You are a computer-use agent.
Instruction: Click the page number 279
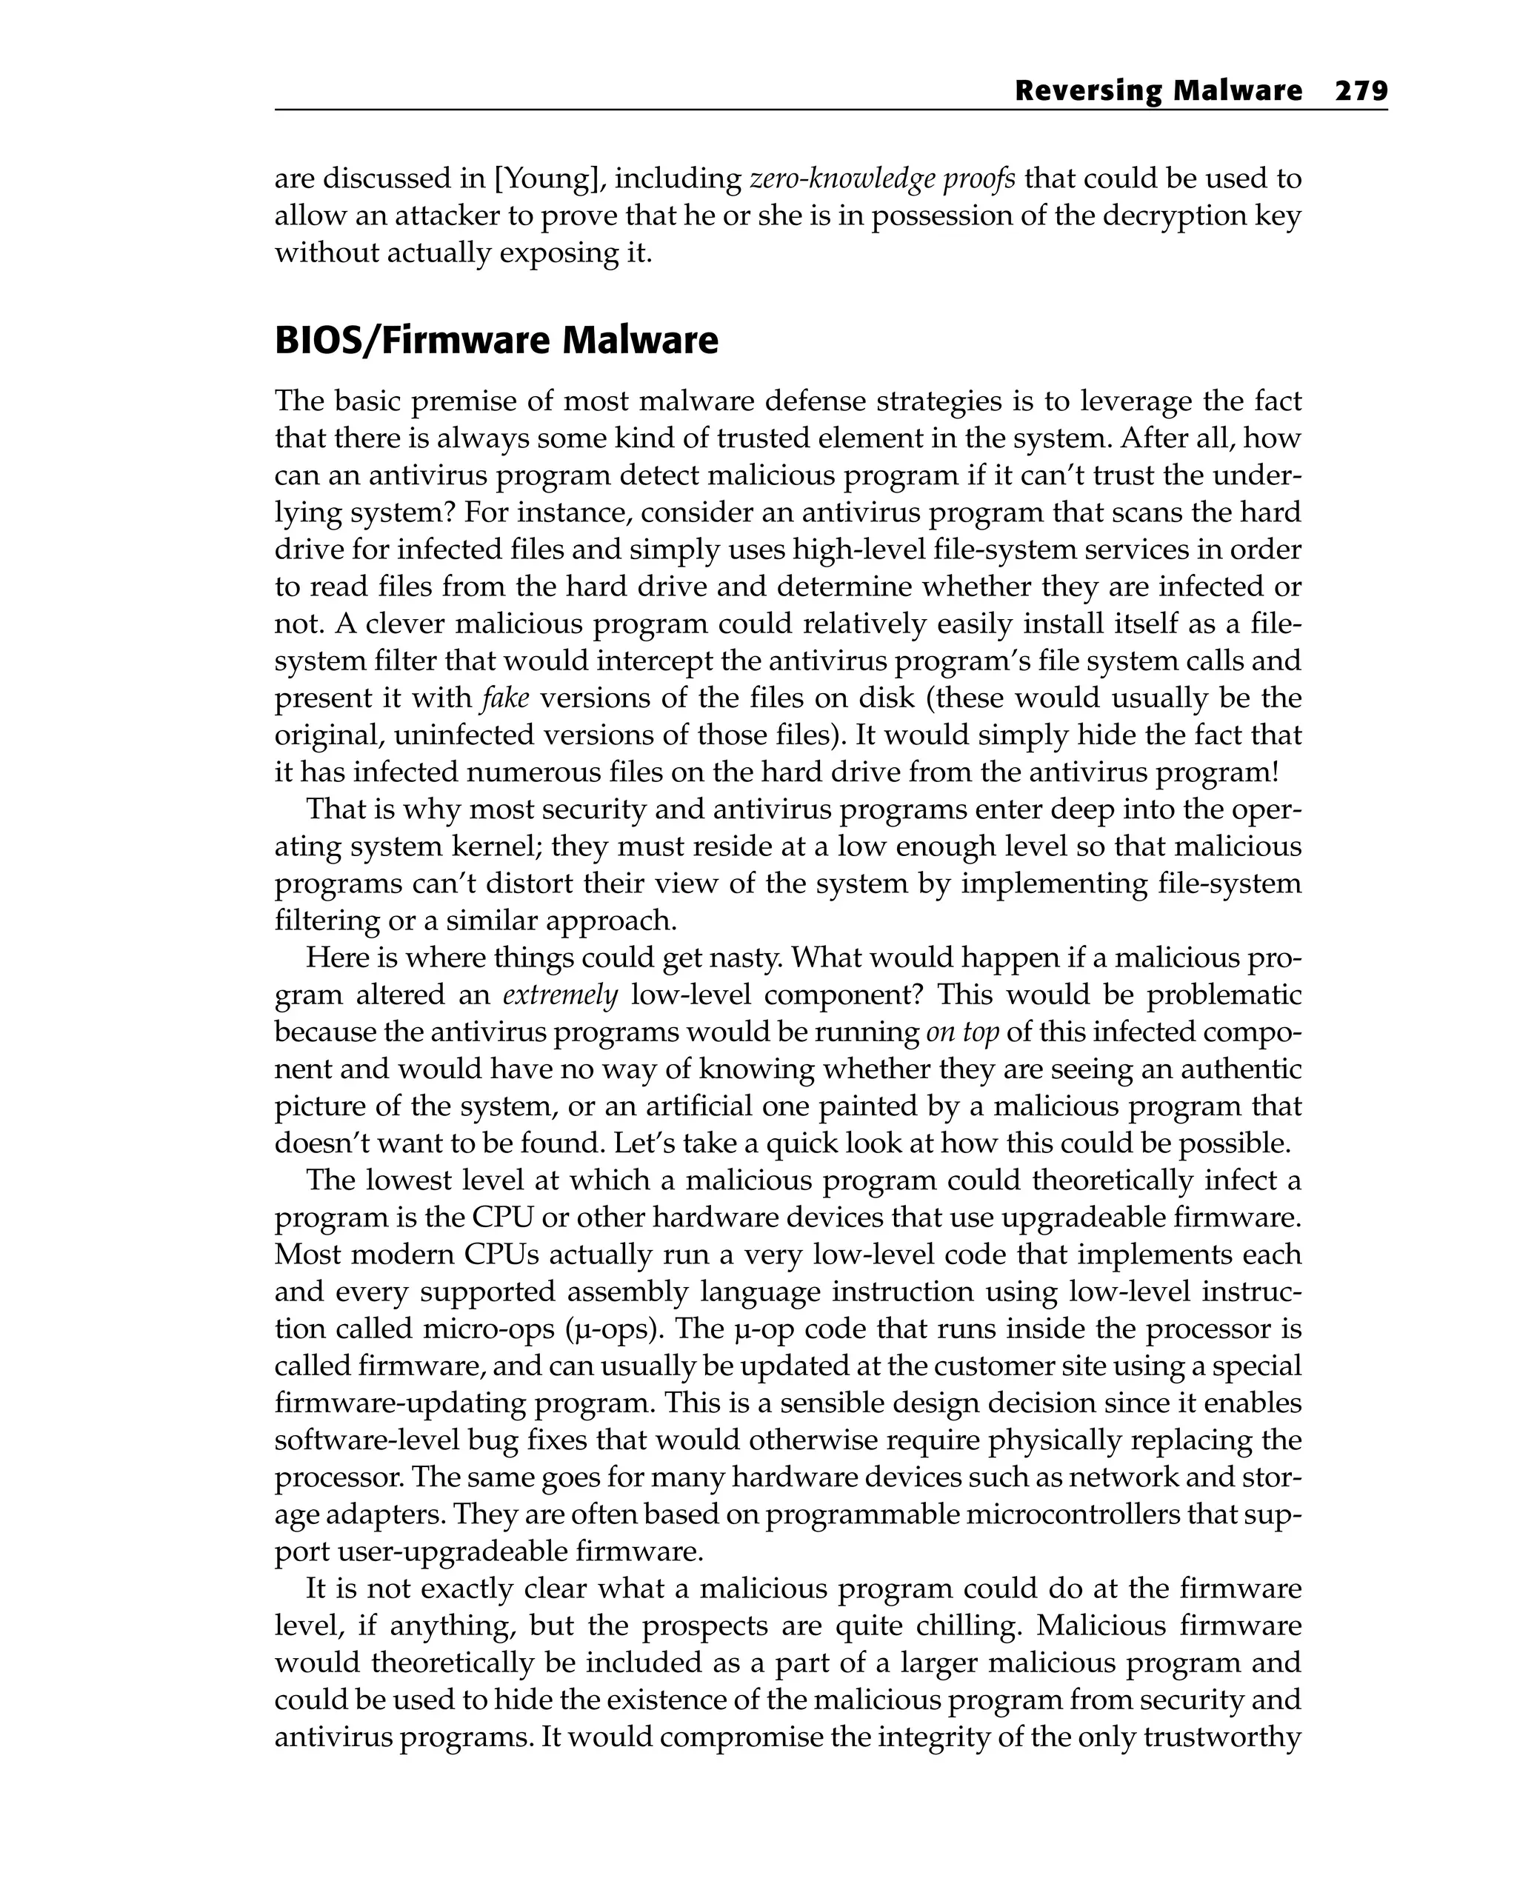click(1361, 91)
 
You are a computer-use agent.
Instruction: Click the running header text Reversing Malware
click(1158, 91)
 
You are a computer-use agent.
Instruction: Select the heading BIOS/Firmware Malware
click(496, 341)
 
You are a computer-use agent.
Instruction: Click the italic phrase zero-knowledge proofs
click(882, 179)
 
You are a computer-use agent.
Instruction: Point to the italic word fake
click(505, 698)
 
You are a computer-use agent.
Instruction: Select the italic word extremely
click(560, 995)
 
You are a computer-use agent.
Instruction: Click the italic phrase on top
click(962, 1032)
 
